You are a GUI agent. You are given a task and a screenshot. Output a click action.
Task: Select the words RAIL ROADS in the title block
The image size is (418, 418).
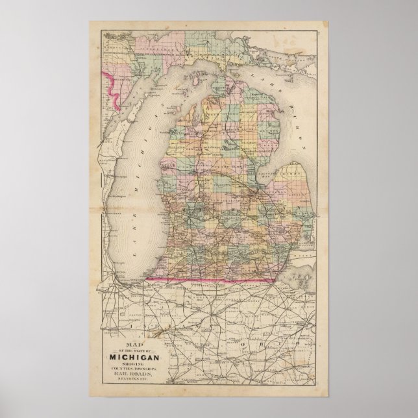(138, 374)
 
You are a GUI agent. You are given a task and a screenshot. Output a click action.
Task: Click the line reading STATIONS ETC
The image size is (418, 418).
(138, 380)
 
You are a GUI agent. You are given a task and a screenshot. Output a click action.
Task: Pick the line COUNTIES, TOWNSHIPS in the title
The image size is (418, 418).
(138, 369)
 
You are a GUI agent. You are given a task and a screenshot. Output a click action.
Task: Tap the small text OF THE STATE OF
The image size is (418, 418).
(138, 350)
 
